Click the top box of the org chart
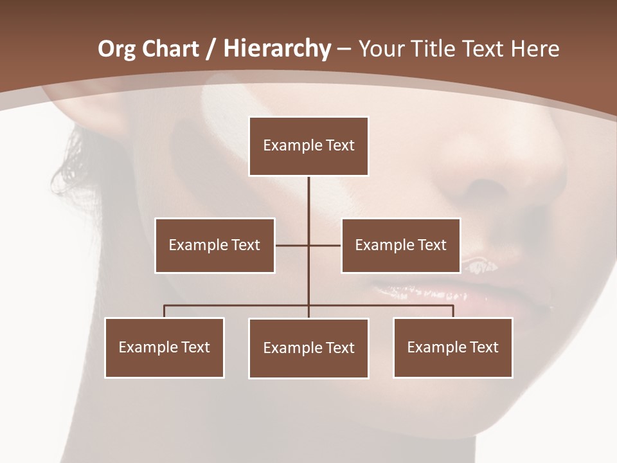tap(308, 146)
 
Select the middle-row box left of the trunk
tap(215, 245)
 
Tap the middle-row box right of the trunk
tap(400, 245)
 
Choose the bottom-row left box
tap(165, 347)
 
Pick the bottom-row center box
tap(308, 348)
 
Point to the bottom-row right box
tap(452, 347)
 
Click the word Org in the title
tap(116, 49)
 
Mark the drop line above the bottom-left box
tap(165, 311)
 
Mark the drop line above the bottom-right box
tap(453, 311)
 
